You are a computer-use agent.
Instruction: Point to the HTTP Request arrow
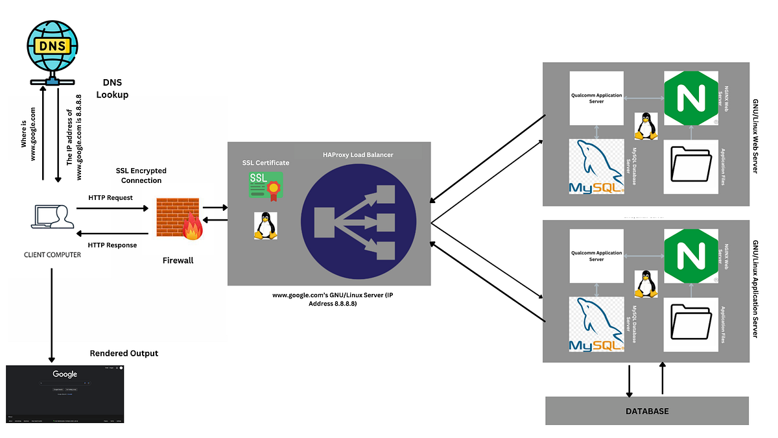pyautogui.click(x=112, y=208)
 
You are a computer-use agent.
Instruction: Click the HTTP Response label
pyautogui.click(x=112, y=245)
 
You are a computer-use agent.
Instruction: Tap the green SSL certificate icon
pyautogui.click(x=265, y=185)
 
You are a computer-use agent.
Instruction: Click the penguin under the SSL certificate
pyautogui.click(x=263, y=226)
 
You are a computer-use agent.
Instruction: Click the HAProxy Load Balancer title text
pyautogui.click(x=359, y=154)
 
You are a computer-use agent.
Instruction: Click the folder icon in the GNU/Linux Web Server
pyautogui.click(x=691, y=166)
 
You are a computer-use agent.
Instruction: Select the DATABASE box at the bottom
pyautogui.click(x=646, y=411)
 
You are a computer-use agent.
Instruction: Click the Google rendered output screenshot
pyautogui.click(x=64, y=395)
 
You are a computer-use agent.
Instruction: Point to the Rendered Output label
pyautogui.click(x=123, y=353)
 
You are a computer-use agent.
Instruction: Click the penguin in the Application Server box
pyautogui.click(x=644, y=284)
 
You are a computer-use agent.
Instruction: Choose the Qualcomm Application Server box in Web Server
pyautogui.click(x=596, y=98)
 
